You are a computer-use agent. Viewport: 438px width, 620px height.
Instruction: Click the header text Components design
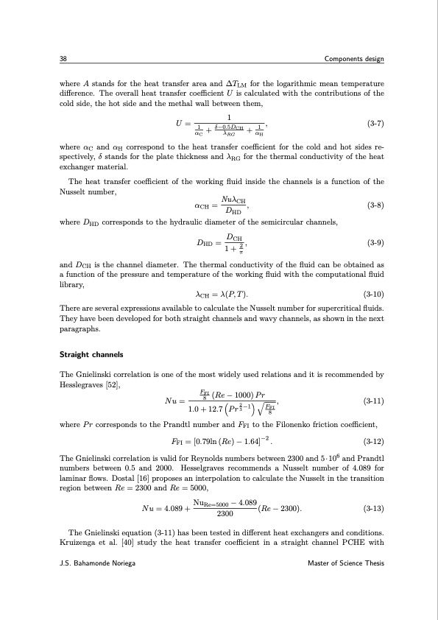pyautogui.click(x=354, y=59)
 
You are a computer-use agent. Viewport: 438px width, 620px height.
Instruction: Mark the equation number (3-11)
pyautogui.click(x=373, y=402)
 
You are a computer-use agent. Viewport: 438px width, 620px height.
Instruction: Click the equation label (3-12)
pyautogui.click(x=373, y=443)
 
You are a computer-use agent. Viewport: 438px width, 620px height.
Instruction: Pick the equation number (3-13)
pyautogui.click(x=373, y=508)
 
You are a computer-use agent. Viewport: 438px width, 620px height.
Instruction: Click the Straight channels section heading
pyautogui.click(x=91, y=355)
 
